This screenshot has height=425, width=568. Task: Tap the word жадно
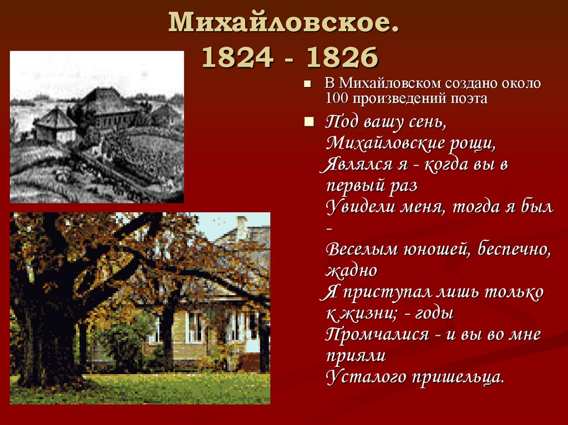click(352, 270)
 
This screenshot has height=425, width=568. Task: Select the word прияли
click(352, 355)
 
